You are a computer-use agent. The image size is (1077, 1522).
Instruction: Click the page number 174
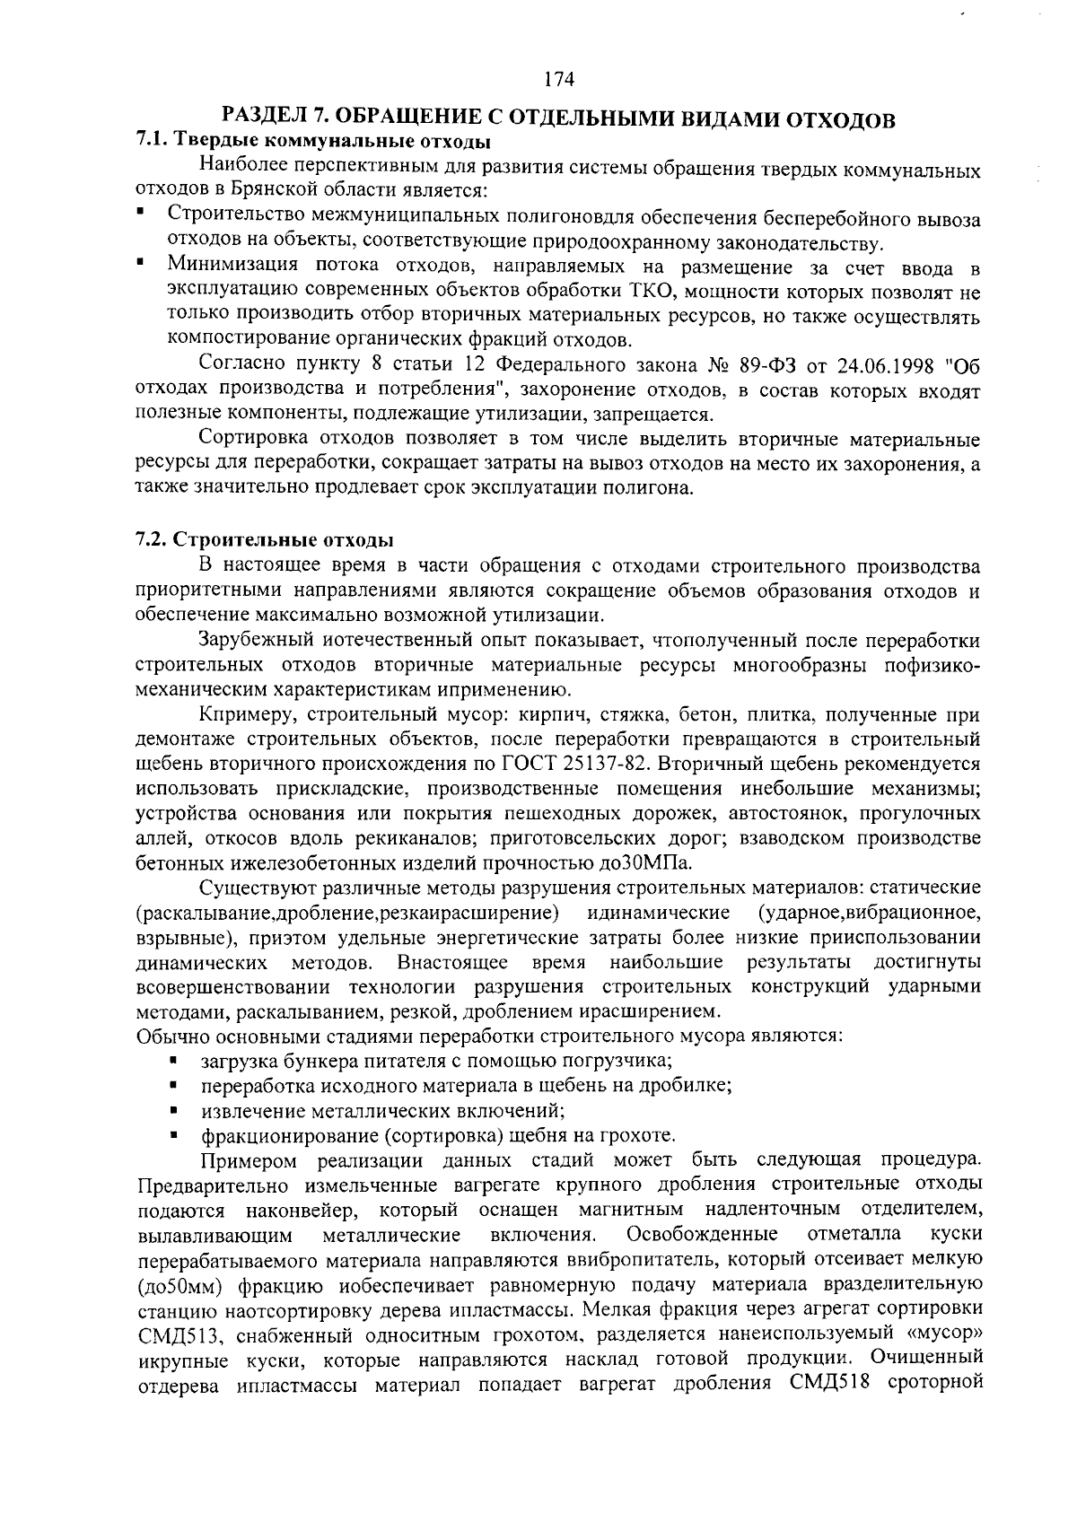[558, 79]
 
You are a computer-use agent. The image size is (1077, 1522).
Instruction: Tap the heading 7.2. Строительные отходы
[264, 541]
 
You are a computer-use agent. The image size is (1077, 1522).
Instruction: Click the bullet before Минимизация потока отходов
[141, 266]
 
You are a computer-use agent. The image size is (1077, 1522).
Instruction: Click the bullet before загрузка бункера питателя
[172, 1060]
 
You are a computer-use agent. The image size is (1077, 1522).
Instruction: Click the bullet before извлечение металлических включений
[172, 1110]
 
